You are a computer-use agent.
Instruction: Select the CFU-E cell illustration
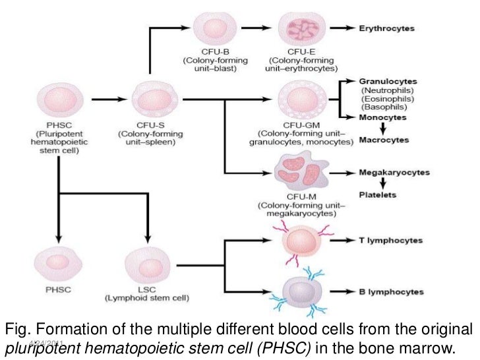[301, 30]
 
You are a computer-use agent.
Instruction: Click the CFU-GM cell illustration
[301, 100]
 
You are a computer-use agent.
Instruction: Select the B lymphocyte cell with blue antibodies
[301, 291]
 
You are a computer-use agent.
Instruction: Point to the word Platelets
[376, 195]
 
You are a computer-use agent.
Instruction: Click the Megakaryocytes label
[394, 173]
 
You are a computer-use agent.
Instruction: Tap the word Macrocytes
[384, 140]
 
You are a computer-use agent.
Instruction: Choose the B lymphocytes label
[396, 291]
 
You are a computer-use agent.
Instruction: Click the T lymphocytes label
[396, 241]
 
